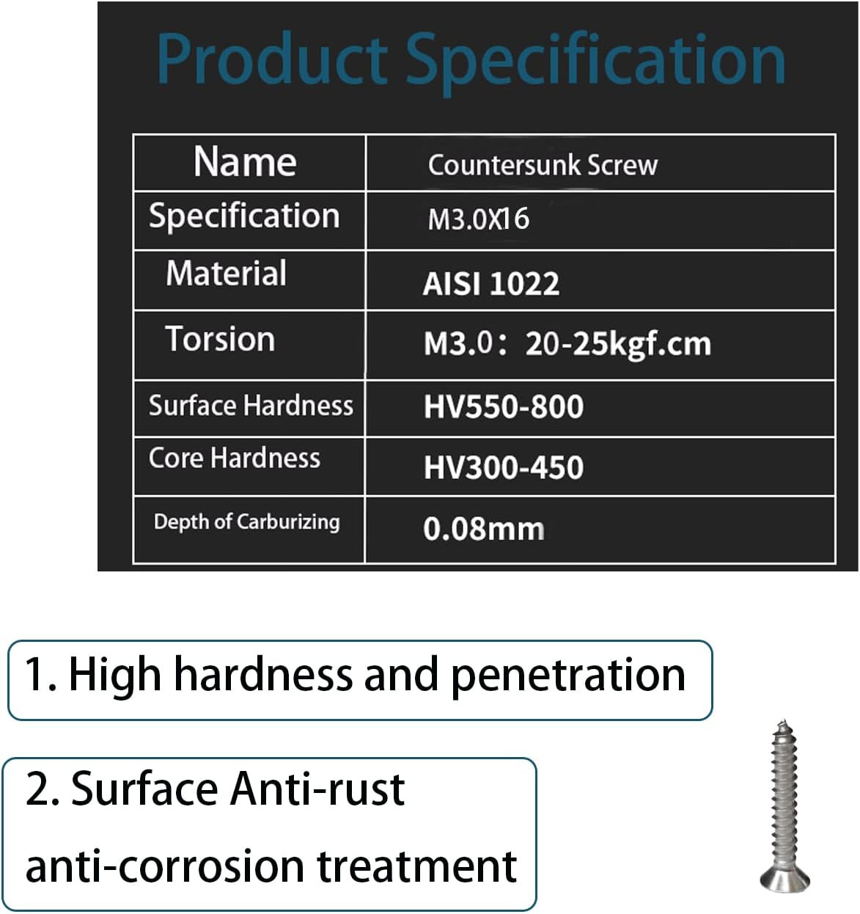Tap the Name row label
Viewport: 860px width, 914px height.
(246, 161)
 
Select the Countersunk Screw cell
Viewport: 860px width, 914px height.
(543, 165)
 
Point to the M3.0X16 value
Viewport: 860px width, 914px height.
(479, 219)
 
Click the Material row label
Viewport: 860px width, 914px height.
(226, 273)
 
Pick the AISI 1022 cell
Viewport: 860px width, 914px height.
(491, 283)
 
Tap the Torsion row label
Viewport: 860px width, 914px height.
(221, 339)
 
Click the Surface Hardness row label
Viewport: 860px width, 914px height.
(251, 406)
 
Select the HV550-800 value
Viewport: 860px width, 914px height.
(504, 407)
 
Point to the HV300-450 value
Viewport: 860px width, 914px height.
(504, 467)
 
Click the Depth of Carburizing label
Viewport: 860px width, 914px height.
(247, 522)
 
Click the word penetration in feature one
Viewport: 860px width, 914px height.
(568, 676)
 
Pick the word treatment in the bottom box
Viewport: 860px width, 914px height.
(417, 866)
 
